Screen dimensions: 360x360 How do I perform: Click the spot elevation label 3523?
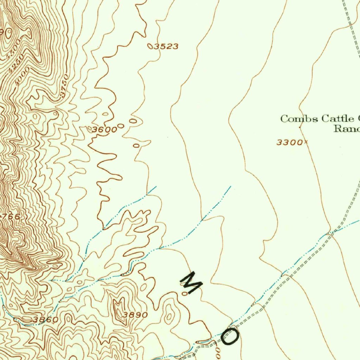[167, 46]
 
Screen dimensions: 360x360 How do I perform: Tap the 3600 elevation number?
[104, 130]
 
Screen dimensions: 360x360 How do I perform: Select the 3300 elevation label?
[289, 142]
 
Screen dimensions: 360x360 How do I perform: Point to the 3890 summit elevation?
[135, 315]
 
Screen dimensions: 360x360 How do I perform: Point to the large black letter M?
[191, 282]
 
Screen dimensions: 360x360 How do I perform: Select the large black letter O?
[230, 336]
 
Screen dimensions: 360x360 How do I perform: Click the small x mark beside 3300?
[306, 142]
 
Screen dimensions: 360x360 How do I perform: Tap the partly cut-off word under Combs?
[346, 129]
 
